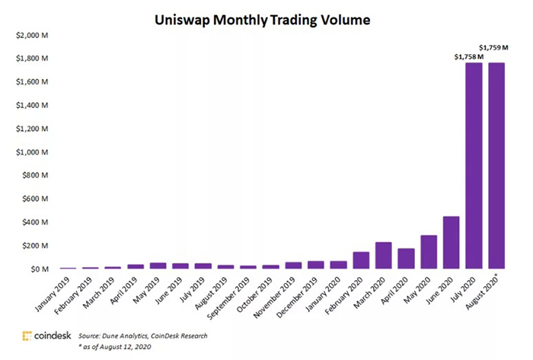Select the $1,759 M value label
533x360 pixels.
coord(496,46)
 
